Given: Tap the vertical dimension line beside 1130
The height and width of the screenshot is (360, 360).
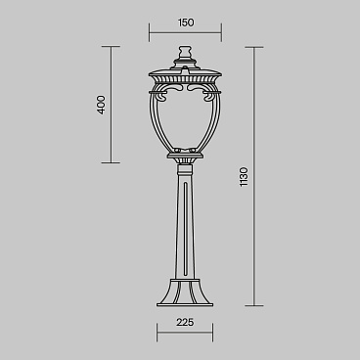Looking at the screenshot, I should tap(256, 177).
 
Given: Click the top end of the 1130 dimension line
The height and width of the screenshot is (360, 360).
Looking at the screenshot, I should tap(256, 47).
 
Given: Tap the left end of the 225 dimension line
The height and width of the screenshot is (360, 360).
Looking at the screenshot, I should tap(157, 332).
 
